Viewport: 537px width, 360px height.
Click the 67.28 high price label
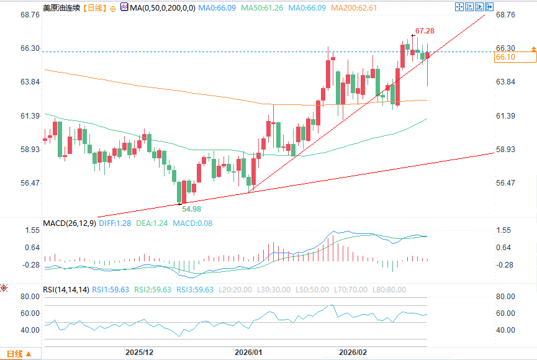click(425, 30)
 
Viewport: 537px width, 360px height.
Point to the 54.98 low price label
click(191, 209)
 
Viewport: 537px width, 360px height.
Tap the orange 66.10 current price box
click(515, 57)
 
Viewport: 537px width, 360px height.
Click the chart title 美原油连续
click(61, 7)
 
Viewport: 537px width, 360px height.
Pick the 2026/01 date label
click(248, 352)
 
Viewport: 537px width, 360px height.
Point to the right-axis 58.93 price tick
click(506, 150)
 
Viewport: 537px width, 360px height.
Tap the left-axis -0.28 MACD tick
click(30, 265)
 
